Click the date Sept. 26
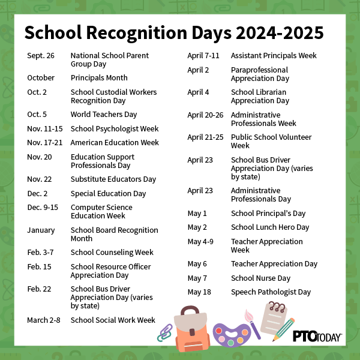coord(41,56)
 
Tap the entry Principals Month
coord(99,78)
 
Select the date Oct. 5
coord(38,115)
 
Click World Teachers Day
coord(104,115)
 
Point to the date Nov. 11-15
coord(44,129)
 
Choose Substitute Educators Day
coord(113,179)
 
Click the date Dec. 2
coord(38,194)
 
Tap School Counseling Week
coord(112,253)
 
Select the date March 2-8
coord(44,320)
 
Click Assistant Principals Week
coord(274,56)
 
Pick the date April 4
coord(198,92)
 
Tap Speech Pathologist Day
coord(271,292)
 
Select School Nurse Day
coord(260,278)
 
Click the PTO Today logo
coord(317,336)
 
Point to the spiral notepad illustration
coord(277,316)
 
